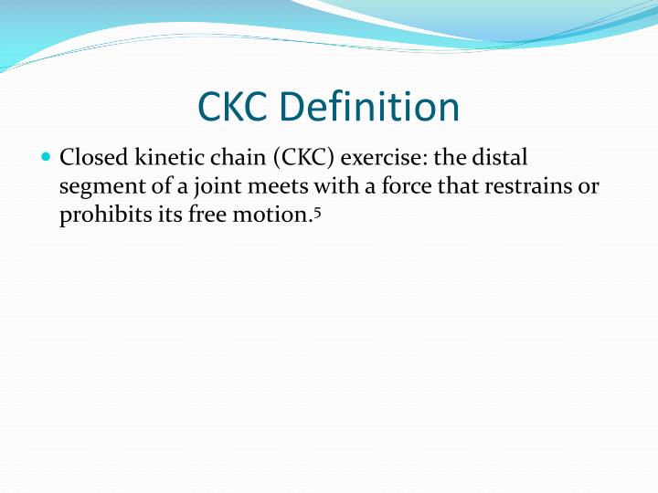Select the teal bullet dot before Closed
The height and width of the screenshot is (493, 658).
tap(47, 158)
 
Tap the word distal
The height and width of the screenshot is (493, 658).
tap(501, 159)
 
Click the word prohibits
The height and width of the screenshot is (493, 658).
tap(101, 216)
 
